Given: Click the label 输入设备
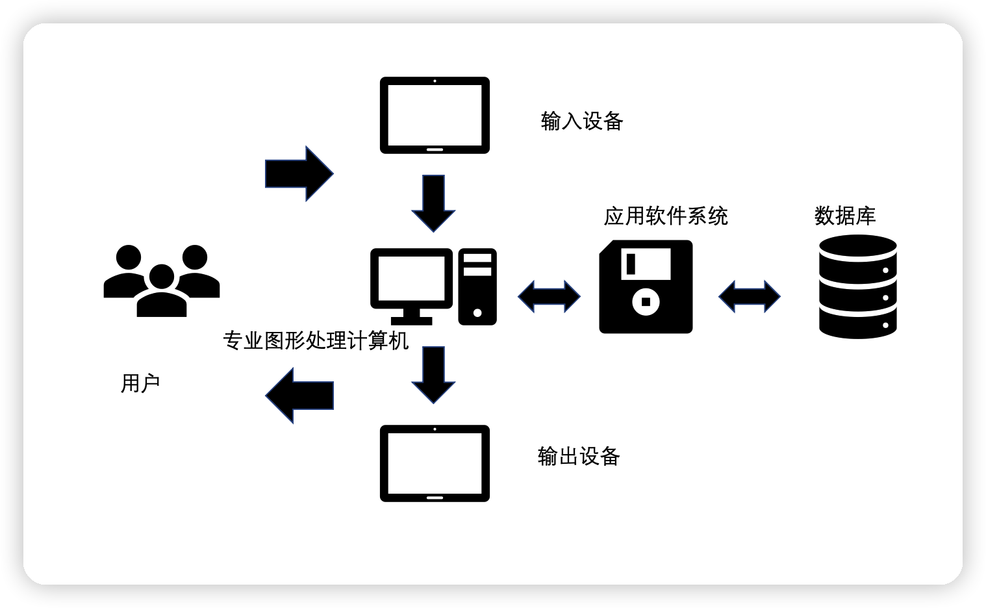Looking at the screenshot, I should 581,121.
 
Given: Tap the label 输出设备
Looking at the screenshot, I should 579,457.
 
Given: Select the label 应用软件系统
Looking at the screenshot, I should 666,216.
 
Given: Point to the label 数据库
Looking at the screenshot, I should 845,216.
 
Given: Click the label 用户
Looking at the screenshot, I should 140,384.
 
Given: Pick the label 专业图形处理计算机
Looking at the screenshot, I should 316,340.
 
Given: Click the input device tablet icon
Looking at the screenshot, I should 435,115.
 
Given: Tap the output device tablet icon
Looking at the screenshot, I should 435,463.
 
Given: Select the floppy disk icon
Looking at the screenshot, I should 646,286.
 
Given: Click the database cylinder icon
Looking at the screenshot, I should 857,286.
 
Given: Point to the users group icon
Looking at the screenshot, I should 162,281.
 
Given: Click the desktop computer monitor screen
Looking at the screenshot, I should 412,277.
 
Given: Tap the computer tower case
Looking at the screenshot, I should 477,286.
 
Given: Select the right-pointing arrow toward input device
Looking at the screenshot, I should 299,173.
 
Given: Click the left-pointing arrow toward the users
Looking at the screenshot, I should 299,395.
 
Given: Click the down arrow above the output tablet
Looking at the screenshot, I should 433,374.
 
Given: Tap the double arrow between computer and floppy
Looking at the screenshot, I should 549,296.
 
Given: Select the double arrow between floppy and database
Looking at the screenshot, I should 749,296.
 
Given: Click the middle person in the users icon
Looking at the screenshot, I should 162,292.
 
